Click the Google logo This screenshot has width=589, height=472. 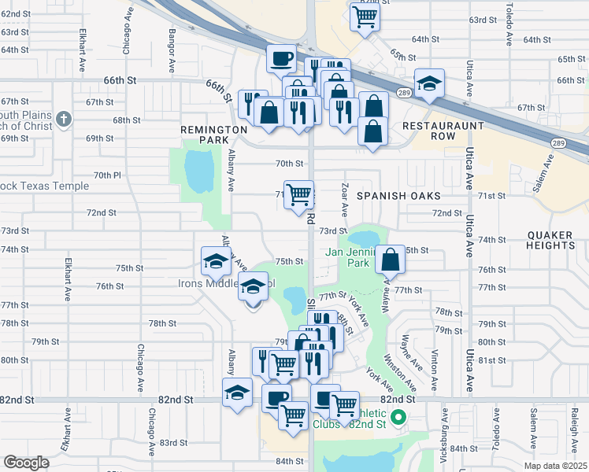[x=26, y=463]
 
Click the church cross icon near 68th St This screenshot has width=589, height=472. [x=64, y=120]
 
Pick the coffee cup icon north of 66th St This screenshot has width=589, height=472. [x=282, y=57]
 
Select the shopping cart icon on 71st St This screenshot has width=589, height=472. [x=298, y=193]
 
